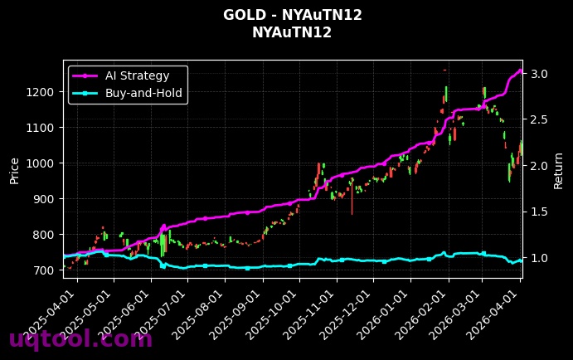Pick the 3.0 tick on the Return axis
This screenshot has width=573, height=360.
(x=540, y=74)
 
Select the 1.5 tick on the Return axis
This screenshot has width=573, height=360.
(x=540, y=212)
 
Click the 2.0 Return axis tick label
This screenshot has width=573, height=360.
(x=540, y=166)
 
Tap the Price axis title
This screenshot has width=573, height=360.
(x=14, y=169)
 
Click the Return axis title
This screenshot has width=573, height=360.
(x=559, y=169)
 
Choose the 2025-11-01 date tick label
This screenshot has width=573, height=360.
(x=312, y=311)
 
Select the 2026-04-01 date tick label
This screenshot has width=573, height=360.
(x=498, y=311)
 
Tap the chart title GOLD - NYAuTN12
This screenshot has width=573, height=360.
(x=292, y=15)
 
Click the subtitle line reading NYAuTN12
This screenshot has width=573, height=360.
(x=292, y=33)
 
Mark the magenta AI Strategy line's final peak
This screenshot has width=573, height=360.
(x=521, y=71)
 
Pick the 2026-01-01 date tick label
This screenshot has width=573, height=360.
(x=386, y=311)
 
